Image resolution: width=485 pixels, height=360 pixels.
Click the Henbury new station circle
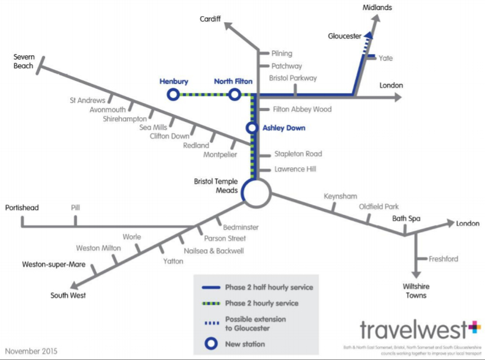point(173,94)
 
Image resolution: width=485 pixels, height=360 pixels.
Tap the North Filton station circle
point(234,94)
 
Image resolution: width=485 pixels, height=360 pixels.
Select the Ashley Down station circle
point(252,128)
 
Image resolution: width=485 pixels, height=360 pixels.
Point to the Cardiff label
point(210,20)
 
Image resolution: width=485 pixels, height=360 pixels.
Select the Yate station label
point(385,58)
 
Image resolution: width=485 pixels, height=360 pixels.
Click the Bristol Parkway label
point(293,78)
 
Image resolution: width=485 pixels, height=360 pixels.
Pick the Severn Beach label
point(24,61)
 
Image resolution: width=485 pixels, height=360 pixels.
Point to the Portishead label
point(22,208)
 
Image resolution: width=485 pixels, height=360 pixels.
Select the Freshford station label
point(443,259)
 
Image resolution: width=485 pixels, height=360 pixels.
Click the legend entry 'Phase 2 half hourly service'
point(269,287)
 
